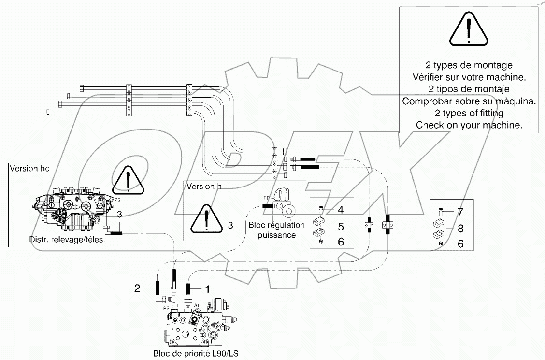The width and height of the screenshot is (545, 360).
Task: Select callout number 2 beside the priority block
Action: [x=138, y=288]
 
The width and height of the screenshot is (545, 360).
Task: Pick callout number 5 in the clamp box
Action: [x=341, y=226]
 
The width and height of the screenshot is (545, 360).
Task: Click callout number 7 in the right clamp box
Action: [x=460, y=212]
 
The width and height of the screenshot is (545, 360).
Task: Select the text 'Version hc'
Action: [x=29, y=168]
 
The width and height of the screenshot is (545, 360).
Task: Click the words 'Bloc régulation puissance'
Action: [x=276, y=230]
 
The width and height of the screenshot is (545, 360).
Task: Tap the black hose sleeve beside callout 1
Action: [x=188, y=292]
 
